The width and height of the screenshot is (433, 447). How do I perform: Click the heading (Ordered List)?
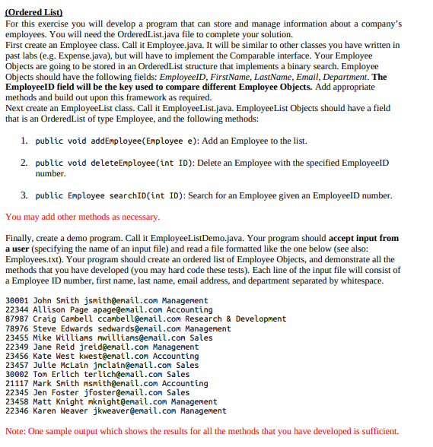tap(33, 13)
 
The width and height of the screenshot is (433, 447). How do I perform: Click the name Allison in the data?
tap(49, 310)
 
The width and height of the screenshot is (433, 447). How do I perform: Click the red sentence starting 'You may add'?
tap(82, 217)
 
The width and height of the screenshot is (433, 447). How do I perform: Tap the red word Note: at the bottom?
tap(16, 431)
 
